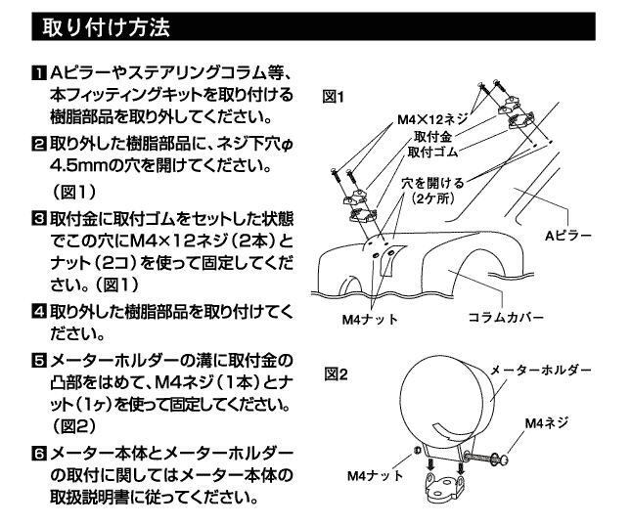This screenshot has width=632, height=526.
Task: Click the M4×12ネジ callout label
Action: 433,118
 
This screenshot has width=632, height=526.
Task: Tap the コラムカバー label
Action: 504,318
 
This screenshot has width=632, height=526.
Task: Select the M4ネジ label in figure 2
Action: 546,422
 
